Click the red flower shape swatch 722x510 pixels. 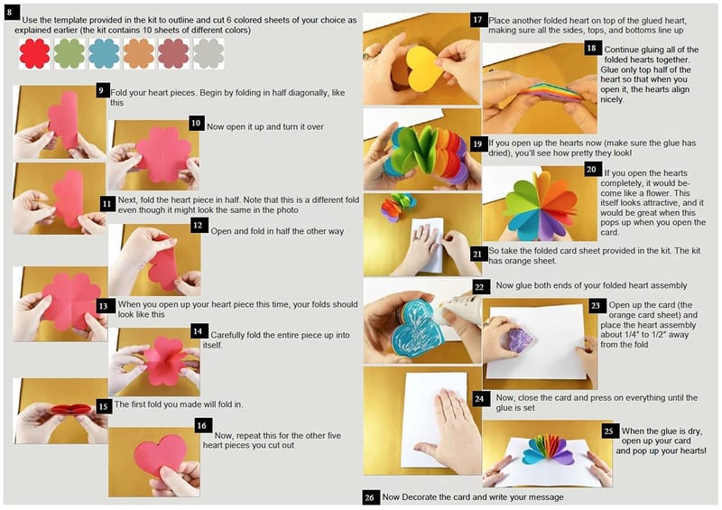coord(34,53)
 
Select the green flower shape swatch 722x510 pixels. coord(69,53)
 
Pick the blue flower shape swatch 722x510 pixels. coord(104,53)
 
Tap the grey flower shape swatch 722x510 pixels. coord(208,53)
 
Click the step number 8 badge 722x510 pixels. coord(10,13)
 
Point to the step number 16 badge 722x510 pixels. coord(201,425)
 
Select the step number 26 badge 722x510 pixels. coord(369,497)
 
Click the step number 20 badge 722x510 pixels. coord(591,170)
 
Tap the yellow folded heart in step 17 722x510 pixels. coord(422,68)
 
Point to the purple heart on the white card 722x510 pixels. coord(518,339)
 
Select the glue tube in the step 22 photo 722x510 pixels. coord(457,309)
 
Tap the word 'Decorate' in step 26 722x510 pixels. coord(420,497)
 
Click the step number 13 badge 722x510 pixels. coord(103,306)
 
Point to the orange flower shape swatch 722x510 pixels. coord(139,53)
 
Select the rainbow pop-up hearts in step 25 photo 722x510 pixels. coord(548,450)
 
